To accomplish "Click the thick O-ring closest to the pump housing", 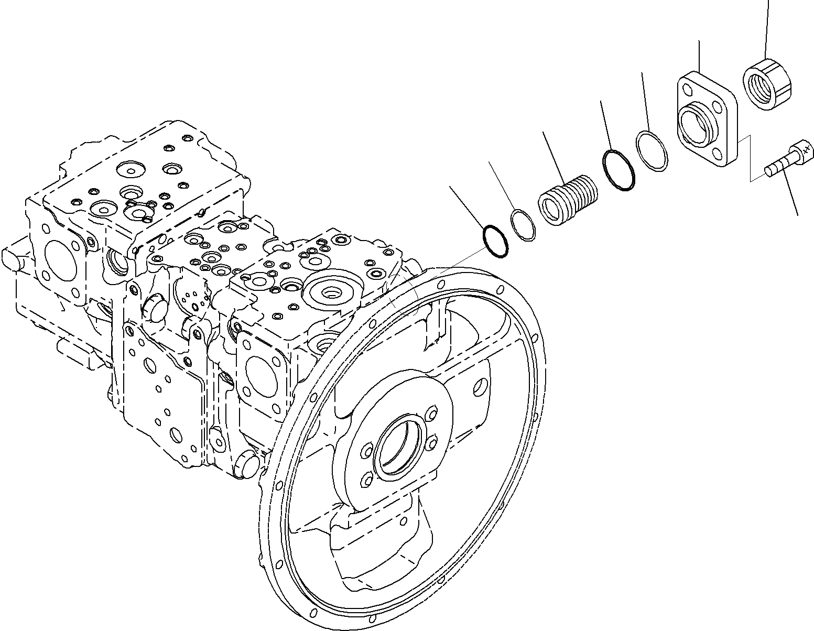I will (495, 242).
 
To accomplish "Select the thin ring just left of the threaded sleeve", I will (523, 225).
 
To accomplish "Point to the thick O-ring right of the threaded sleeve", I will (618, 170).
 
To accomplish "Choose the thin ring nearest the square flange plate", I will (652, 150).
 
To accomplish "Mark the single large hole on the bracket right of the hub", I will (480, 387).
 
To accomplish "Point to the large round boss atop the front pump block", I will (332, 291).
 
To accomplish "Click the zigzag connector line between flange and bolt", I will (751, 160).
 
